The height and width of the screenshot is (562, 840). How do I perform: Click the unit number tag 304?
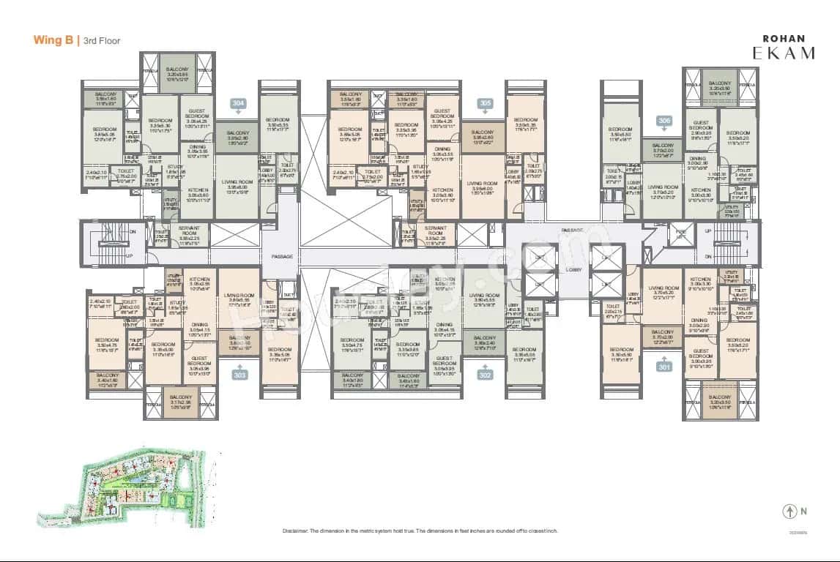coord(237,104)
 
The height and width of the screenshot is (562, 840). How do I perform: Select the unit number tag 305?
coord(484,104)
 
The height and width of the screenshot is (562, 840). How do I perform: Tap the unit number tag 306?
coord(664,121)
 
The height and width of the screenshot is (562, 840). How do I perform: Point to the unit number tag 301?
coord(664,367)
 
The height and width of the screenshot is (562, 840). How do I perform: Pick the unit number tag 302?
coord(484,375)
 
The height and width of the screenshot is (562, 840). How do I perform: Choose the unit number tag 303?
coord(239,375)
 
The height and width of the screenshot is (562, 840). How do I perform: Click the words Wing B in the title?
coord(53,41)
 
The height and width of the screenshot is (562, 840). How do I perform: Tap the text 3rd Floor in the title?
coord(102,41)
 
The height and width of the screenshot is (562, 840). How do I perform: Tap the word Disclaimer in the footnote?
coord(297,531)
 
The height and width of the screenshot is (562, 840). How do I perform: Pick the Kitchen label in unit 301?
coord(701,280)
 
